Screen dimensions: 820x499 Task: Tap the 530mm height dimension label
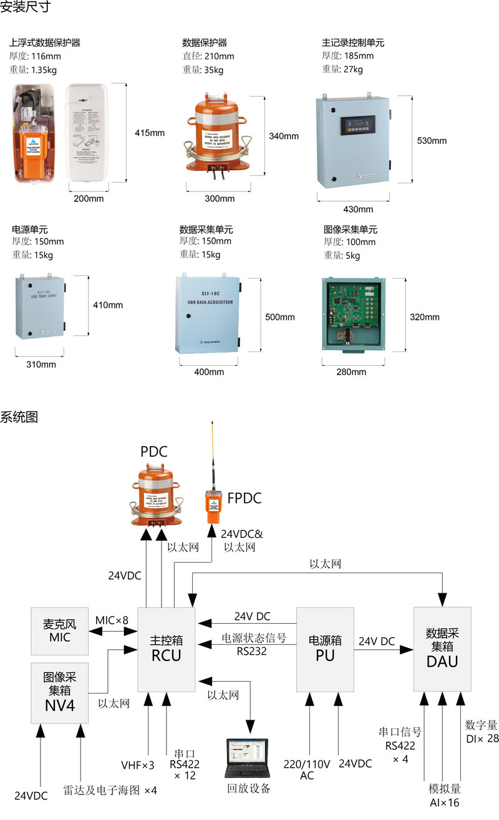tap(432, 140)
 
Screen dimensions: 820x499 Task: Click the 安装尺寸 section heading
tap(26, 8)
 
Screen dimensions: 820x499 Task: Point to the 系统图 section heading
tap(19, 417)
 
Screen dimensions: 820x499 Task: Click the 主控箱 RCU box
tap(166, 649)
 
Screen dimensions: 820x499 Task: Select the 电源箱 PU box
tap(325, 649)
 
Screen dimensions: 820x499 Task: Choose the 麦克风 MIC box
tap(60, 631)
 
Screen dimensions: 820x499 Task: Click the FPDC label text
tap(244, 498)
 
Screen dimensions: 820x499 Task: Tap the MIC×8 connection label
tap(112, 621)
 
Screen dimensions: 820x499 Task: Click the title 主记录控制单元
tap(352, 43)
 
